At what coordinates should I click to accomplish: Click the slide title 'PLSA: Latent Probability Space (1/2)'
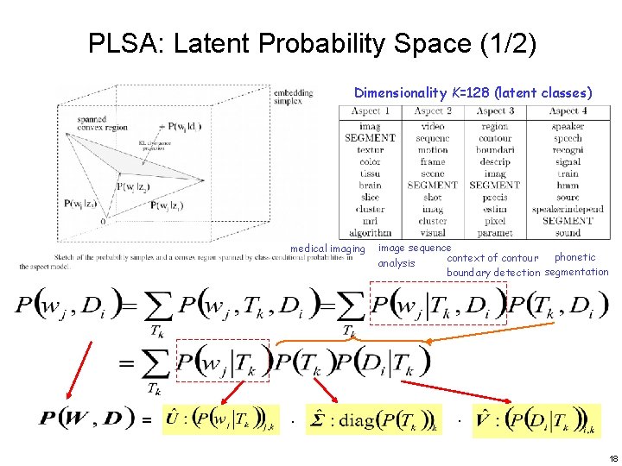312,44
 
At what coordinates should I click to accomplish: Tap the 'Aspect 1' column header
371,111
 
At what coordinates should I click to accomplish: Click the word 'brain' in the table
370,186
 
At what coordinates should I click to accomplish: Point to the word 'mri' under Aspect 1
370,221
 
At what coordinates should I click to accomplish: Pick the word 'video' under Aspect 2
432,127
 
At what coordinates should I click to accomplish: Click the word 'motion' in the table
432,150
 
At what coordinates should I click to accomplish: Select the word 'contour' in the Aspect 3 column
495,138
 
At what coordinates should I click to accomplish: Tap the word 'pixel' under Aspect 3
495,221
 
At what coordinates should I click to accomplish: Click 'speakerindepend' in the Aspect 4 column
568,209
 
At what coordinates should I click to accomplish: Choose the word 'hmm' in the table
568,186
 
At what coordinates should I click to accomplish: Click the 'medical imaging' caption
327,249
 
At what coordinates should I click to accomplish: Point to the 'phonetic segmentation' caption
576,265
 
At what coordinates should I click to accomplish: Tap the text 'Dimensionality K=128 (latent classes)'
473,92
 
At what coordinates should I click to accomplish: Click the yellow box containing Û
222,420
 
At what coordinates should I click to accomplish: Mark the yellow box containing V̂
534,420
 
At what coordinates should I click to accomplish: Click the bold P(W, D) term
86,419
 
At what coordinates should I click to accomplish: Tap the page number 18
612,458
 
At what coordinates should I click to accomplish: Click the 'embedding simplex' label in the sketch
294,97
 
